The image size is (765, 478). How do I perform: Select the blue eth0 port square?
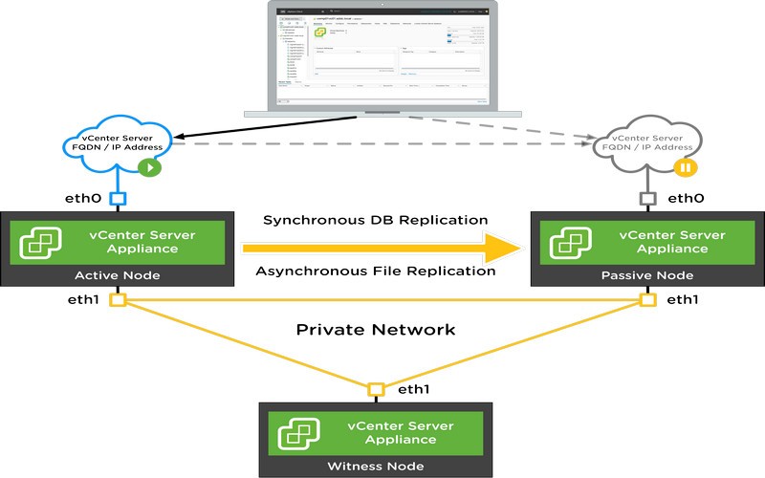point(118,199)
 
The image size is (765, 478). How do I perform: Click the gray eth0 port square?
point(646,199)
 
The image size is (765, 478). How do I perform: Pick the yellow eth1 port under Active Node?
point(118,300)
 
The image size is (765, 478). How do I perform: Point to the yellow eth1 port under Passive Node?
point(647,300)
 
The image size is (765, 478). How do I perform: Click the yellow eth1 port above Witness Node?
point(376,389)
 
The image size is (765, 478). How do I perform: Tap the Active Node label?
point(118,275)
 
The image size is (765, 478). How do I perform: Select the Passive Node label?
point(646,275)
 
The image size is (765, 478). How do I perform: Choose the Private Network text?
point(375,330)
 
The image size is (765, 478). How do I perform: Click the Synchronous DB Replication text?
point(375,221)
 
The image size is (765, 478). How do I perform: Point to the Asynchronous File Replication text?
point(375,272)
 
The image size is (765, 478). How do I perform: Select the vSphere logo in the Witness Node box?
point(298,431)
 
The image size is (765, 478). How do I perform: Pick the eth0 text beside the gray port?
point(686,199)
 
